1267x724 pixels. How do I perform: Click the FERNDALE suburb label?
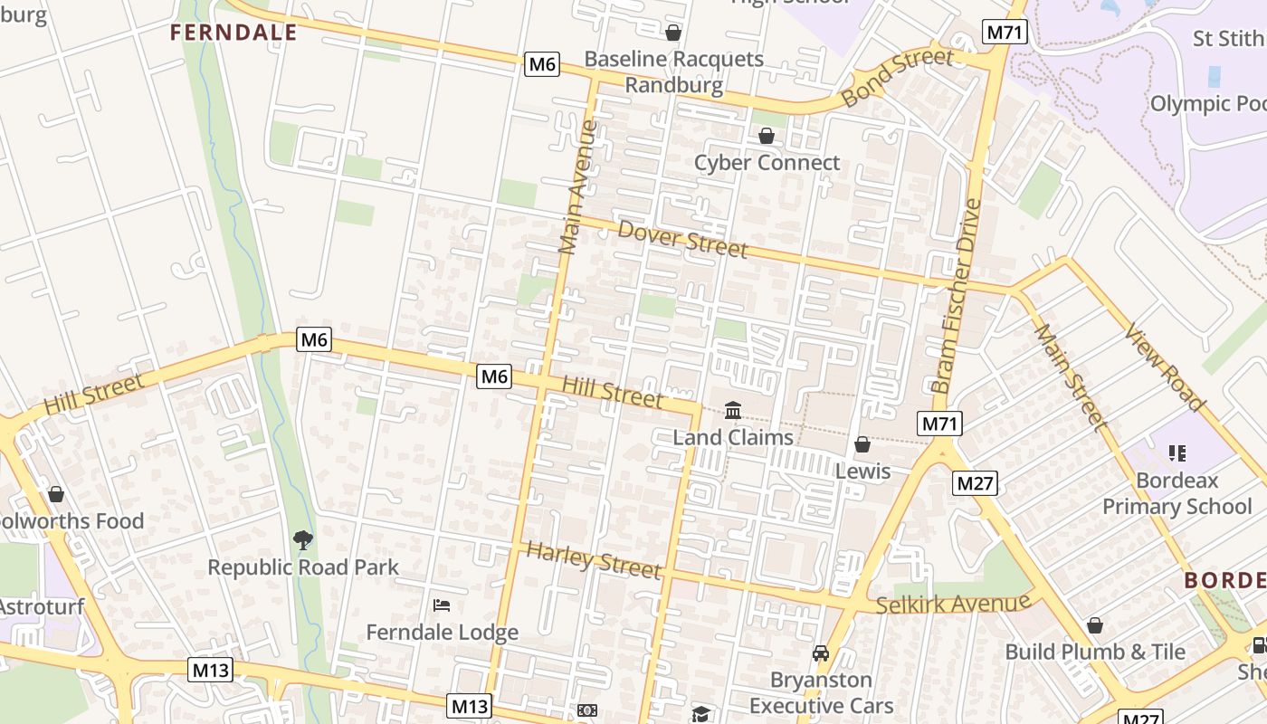click(x=233, y=33)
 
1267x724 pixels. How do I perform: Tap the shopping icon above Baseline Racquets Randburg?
click(x=673, y=33)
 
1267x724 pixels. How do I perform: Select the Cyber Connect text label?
click(x=767, y=163)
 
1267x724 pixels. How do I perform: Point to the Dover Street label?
click(x=682, y=239)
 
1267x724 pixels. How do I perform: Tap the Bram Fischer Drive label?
click(x=957, y=295)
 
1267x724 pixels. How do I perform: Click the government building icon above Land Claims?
click(x=733, y=411)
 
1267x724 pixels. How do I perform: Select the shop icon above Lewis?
click(x=862, y=444)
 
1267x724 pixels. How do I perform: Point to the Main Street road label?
click(x=1071, y=376)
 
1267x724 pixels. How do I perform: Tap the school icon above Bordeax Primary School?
click(x=1177, y=452)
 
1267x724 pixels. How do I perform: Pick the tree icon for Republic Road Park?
click(x=303, y=540)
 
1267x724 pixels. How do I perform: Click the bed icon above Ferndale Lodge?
click(x=442, y=605)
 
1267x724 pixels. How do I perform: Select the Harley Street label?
click(x=594, y=560)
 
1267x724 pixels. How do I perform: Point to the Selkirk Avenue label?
click(x=953, y=604)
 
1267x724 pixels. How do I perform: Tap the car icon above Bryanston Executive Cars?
click(x=821, y=653)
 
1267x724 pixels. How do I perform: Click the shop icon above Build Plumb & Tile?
click(x=1095, y=625)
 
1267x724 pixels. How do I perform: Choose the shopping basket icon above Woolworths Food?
click(x=56, y=494)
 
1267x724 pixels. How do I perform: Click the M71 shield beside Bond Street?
click(x=1004, y=33)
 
